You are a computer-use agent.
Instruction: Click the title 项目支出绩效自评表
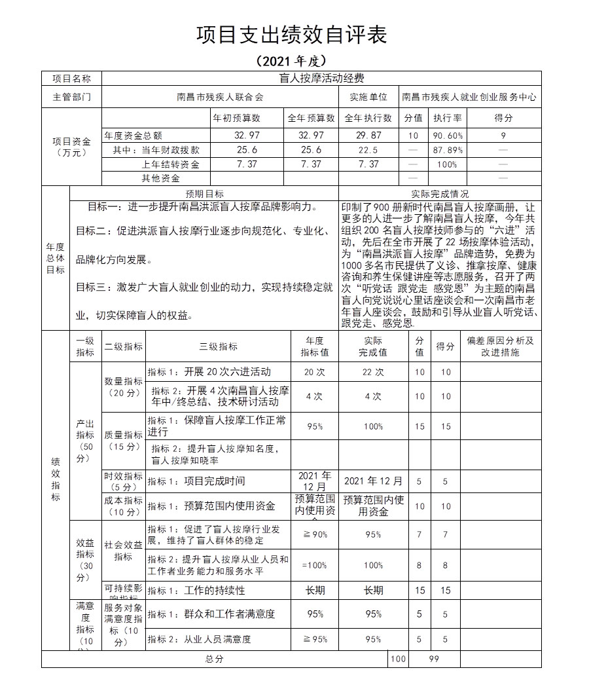[x=292, y=35]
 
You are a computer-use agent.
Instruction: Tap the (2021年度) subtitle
[x=292, y=61]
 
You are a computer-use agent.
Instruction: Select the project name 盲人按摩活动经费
[x=321, y=78]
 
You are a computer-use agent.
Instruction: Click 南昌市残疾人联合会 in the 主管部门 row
[x=220, y=97]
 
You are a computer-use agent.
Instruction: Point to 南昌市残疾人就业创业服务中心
[x=469, y=97]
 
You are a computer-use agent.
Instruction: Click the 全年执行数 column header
[x=368, y=119]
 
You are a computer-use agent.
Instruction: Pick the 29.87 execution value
[x=368, y=136]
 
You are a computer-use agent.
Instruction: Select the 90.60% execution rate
[x=448, y=136]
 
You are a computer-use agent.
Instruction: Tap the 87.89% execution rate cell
[x=448, y=150]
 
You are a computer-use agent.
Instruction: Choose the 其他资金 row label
[x=161, y=178]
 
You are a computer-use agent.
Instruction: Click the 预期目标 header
[x=204, y=194]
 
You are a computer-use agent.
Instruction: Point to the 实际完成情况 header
[x=440, y=194]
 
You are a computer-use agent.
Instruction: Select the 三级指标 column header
[x=218, y=346]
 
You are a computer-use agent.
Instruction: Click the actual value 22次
[x=373, y=372]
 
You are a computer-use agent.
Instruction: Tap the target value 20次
[x=315, y=372]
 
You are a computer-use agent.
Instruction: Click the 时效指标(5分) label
[x=124, y=481]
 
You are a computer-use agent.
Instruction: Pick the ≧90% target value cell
[x=315, y=534]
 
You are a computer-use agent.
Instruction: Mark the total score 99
[x=434, y=659]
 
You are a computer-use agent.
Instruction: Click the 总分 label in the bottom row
[x=214, y=659]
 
